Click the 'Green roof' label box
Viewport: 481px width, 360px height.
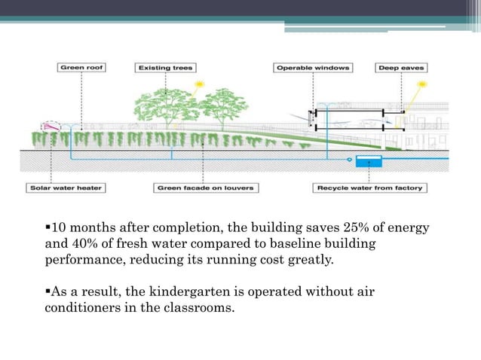point(81,68)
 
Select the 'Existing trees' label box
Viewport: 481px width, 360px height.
point(164,68)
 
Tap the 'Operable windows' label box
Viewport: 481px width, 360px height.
point(313,68)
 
